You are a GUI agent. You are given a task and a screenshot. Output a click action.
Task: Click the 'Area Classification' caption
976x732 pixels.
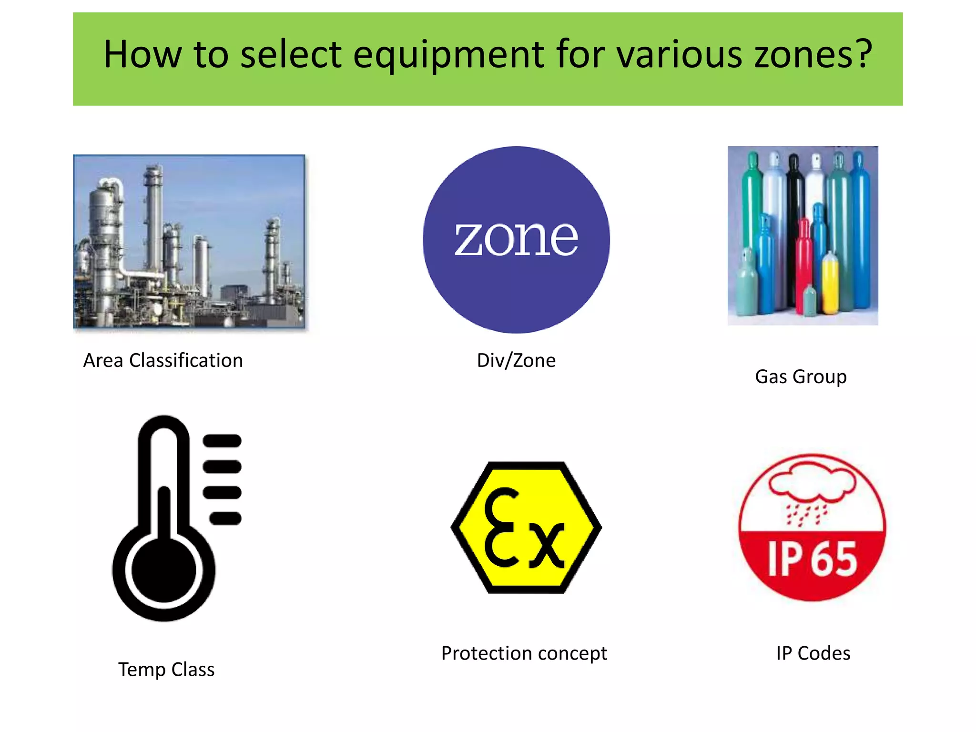(163, 361)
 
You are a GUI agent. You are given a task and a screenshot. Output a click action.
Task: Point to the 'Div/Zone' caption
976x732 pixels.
(516, 361)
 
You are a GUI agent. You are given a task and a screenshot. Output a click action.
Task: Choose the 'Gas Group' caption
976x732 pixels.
(801, 377)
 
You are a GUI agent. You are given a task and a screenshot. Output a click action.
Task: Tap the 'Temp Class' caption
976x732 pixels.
(166, 670)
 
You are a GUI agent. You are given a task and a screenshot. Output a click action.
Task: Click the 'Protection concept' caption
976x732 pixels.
(524, 653)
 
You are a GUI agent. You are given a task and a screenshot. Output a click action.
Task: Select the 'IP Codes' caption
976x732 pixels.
(813, 653)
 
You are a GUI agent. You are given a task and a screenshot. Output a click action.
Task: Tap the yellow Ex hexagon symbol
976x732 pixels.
(526, 528)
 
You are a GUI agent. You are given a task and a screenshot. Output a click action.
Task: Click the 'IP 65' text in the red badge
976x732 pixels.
(812, 559)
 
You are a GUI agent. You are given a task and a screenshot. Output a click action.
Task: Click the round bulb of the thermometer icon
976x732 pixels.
(163, 570)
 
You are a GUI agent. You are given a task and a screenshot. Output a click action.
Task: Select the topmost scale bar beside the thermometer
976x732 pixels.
(222, 441)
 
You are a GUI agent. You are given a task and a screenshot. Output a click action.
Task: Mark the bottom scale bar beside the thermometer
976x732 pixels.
(225, 518)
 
